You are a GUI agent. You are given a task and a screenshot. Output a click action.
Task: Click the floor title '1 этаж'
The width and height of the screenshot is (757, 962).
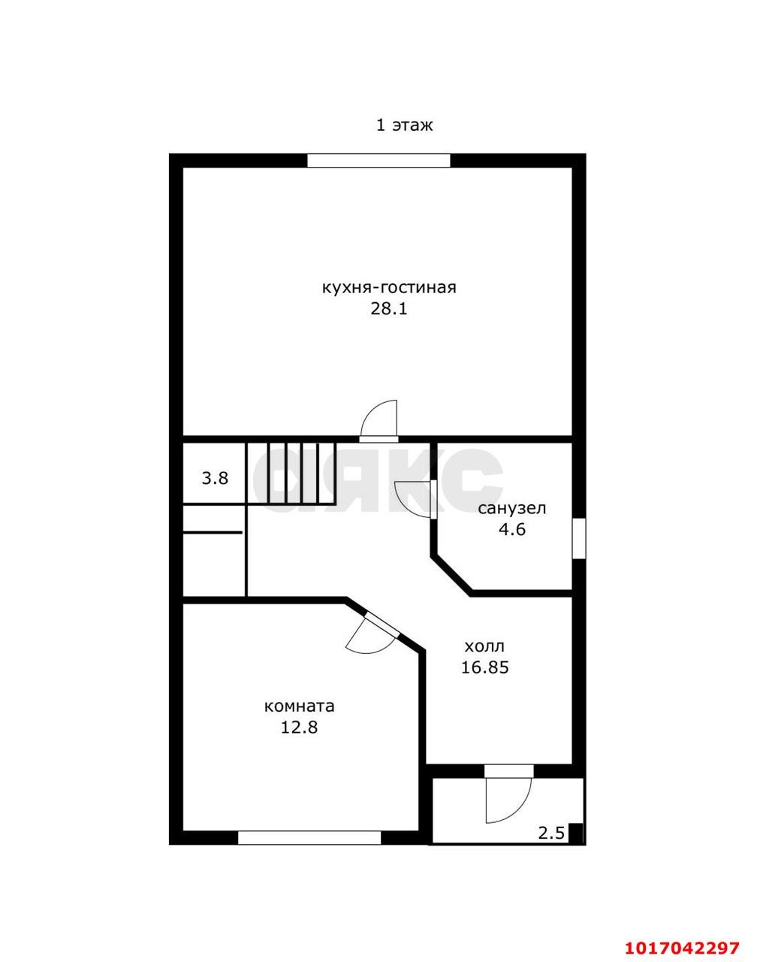click(405, 126)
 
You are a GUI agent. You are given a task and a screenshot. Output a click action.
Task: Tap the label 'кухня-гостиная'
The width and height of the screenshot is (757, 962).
click(389, 287)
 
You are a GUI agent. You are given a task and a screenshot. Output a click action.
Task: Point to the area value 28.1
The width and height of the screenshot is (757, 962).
click(389, 309)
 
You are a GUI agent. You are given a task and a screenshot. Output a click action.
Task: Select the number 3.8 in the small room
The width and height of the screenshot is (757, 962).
click(215, 478)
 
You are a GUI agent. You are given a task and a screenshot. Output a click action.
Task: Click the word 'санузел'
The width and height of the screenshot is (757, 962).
click(511, 508)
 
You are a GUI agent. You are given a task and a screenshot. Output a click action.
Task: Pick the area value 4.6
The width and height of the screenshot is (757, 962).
click(512, 529)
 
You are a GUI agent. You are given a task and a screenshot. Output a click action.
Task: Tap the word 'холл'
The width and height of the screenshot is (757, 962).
click(484, 646)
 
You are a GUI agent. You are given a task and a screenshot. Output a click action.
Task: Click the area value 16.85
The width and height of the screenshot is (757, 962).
click(485, 667)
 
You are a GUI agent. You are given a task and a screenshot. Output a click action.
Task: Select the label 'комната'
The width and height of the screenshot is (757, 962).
click(299, 706)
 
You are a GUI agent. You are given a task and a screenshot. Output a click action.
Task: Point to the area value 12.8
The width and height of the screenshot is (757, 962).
click(299, 728)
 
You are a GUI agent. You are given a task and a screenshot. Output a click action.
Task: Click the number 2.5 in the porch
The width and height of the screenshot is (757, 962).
click(551, 833)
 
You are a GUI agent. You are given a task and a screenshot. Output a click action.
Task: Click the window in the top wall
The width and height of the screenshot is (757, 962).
click(378, 161)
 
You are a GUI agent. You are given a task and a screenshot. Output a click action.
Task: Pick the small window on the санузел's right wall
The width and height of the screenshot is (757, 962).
click(579, 538)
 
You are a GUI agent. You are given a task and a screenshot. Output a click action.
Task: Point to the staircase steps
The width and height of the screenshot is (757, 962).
click(291, 473)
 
